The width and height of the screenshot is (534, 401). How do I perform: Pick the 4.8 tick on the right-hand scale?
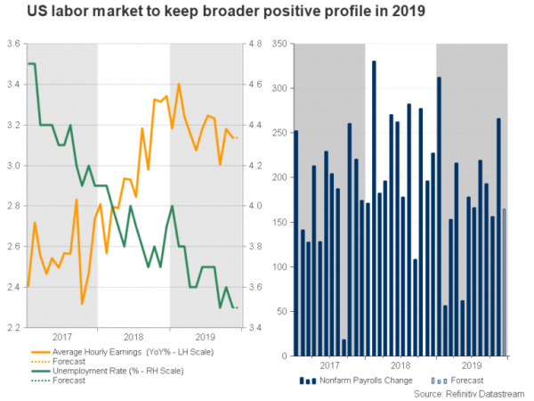point(254,44)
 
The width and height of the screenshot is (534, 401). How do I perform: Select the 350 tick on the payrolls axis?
point(279,44)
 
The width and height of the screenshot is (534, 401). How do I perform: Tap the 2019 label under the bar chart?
point(471,365)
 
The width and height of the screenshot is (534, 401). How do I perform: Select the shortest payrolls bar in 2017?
point(344,348)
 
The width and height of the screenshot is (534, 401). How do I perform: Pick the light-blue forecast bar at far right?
point(505,282)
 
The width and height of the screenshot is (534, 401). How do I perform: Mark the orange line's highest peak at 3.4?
point(180,85)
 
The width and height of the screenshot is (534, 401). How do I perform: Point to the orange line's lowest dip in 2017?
point(82,304)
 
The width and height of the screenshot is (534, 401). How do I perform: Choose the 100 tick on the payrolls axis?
point(279,267)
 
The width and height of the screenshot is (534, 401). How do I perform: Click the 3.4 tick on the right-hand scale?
point(254,328)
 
